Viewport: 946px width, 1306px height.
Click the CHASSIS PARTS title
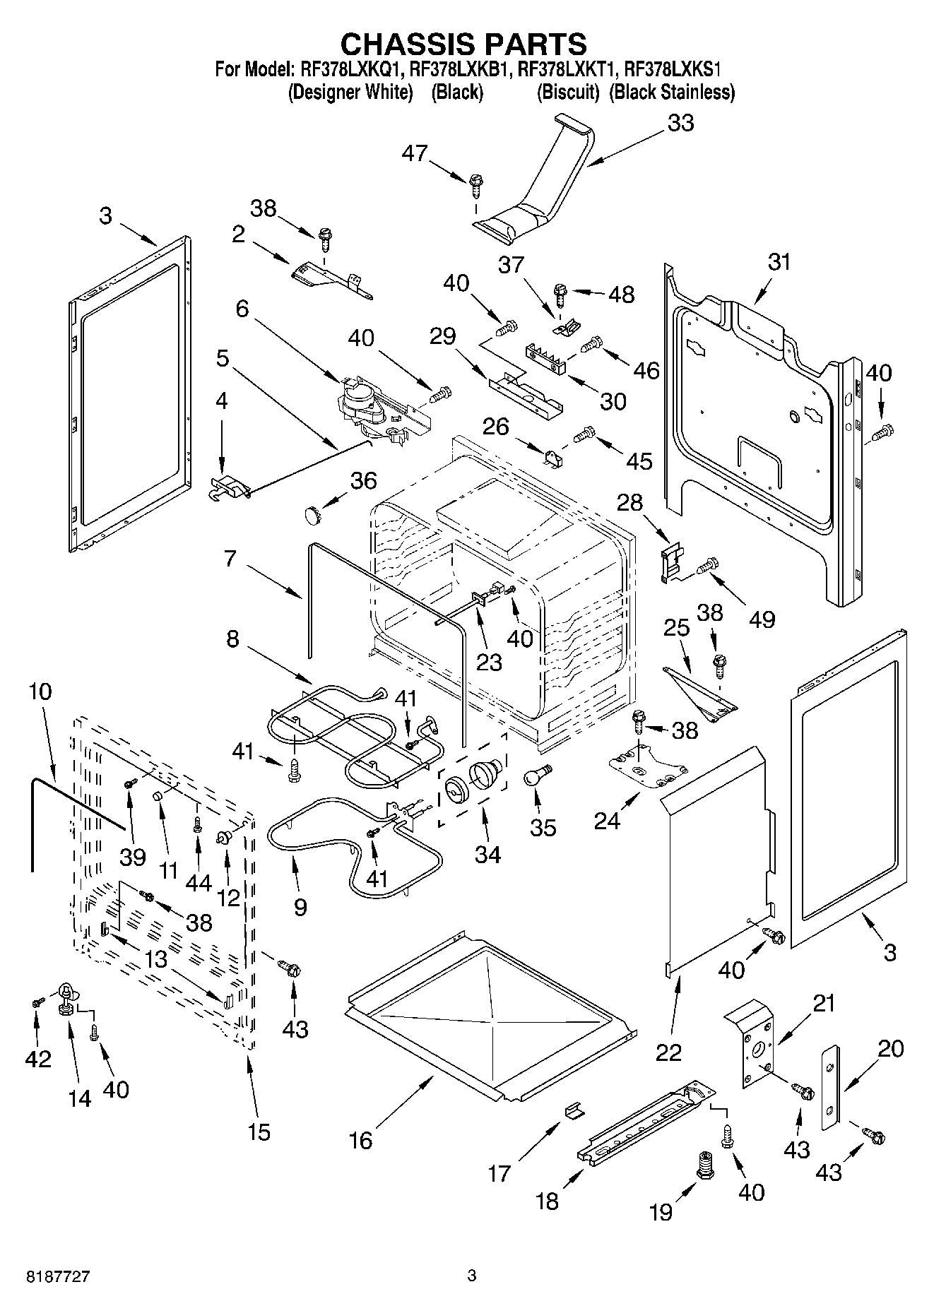click(x=463, y=44)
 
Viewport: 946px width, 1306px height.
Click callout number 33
click(x=680, y=123)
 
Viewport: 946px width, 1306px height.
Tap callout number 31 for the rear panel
click(x=779, y=262)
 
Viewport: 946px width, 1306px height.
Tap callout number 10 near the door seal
click(x=40, y=691)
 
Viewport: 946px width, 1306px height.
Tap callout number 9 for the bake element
click(x=300, y=906)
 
